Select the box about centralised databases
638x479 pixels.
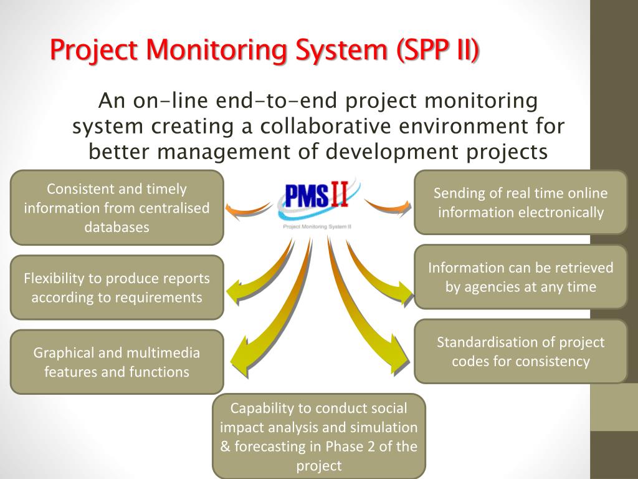coord(117,208)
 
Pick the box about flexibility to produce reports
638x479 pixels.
coord(117,288)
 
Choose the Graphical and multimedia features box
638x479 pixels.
coord(117,362)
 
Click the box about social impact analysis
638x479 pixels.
coord(318,437)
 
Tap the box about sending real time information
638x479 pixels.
coord(520,203)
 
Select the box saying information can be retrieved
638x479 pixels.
coord(520,277)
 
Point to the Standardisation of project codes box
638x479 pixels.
coord(520,351)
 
